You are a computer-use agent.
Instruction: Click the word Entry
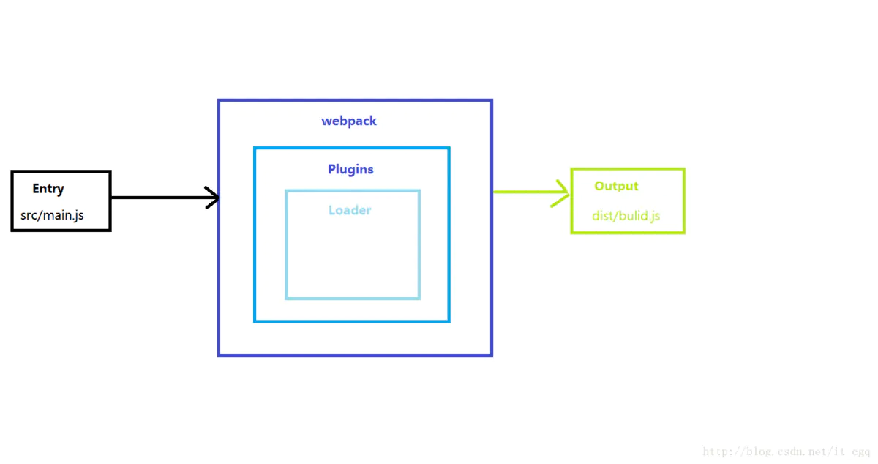point(48,189)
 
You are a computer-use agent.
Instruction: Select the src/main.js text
point(52,216)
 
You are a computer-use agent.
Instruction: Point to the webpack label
point(349,121)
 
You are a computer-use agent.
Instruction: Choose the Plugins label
point(350,170)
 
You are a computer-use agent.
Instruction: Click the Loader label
point(350,211)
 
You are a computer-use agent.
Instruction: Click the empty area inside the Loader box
point(353,256)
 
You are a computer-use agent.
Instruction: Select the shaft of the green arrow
point(523,192)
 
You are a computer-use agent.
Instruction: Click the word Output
point(616,187)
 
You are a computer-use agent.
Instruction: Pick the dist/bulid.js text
point(626,216)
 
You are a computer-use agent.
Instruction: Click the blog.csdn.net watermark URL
point(787,452)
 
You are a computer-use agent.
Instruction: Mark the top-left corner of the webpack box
point(219,100)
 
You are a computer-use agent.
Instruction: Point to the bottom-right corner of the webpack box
point(492,356)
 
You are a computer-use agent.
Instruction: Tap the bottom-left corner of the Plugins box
point(255,321)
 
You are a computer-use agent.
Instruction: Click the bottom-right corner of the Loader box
point(419,298)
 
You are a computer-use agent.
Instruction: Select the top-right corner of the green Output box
point(684,169)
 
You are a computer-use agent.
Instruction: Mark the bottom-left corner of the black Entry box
point(12,231)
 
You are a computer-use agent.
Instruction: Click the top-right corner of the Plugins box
point(449,148)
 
